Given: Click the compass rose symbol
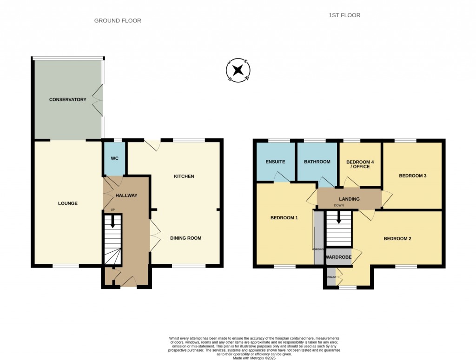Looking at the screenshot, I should click(x=238, y=71).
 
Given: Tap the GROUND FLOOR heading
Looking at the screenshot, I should click(x=118, y=20).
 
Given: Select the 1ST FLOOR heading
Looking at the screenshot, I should click(x=344, y=15).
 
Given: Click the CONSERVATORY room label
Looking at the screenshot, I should click(x=68, y=99).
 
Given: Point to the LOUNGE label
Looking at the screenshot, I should click(x=68, y=203).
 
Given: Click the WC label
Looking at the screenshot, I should click(x=115, y=158).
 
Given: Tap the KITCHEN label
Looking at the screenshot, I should click(x=184, y=177).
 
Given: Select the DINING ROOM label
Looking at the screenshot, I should click(x=185, y=238).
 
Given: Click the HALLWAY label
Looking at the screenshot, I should click(x=126, y=196).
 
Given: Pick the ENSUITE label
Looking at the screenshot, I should click(x=275, y=162).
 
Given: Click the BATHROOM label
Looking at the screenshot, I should click(x=317, y=162).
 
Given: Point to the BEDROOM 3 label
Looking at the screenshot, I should click(x=413, y=176).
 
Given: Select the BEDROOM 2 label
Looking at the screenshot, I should click(x=397, y=239).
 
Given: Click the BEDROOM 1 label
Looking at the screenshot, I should click(x=284, y=217).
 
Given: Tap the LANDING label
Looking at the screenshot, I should click(x=349, y=199).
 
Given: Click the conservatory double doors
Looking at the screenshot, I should click(x=98, y=99).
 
